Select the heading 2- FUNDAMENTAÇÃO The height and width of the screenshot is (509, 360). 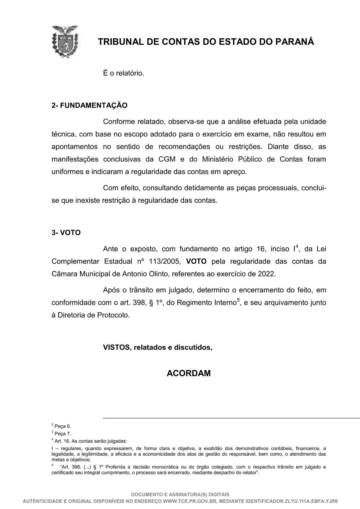[89, 105]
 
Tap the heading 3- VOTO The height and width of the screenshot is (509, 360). [66, 233]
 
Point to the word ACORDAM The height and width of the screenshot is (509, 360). [189, 373]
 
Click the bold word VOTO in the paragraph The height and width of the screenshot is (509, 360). [196, 261]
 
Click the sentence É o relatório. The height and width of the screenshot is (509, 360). [124, 73]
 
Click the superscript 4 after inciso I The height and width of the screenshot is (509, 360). [297, 247]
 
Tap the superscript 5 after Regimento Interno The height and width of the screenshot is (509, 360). [238, 300]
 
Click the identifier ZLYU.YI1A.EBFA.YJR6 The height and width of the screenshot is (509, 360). [311, 501]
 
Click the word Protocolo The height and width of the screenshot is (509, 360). [113, 315]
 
